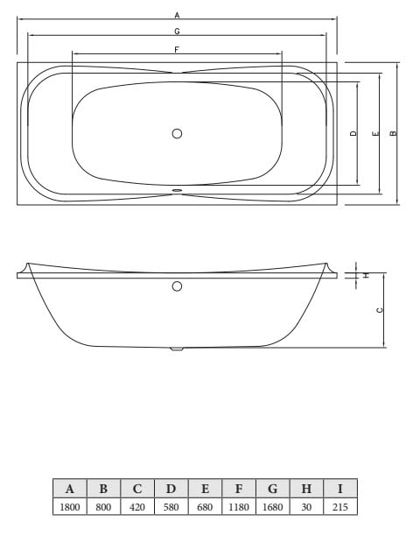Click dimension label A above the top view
pos(177,15)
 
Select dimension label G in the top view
pos(177,32)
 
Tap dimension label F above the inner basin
pos(177,50)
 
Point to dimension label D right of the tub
pos(353,133)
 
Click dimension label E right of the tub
pos(375,134)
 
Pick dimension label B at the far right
pos(393,133)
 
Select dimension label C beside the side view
pos(380,310)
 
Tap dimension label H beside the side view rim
pos(366,275)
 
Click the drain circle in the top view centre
pos(177,134)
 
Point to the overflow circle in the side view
pos(177,286)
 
